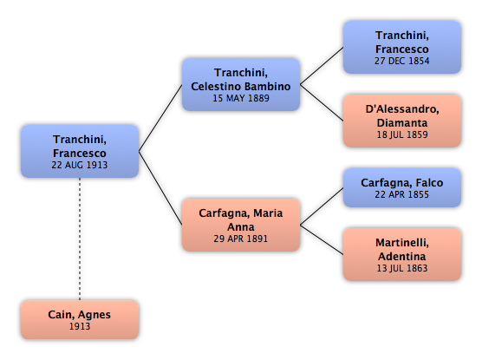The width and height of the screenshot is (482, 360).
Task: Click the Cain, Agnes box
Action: [80, 320]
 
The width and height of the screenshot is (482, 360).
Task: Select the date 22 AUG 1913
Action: [80, 165]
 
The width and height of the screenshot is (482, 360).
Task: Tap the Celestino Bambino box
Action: [241, 84]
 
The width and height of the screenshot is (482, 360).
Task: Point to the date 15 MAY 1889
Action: [241, 98]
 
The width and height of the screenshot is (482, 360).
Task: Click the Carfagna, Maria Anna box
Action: [241, 225]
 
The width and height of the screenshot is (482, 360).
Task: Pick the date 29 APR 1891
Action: [241, 239]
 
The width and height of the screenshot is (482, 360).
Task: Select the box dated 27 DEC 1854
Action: [402, 47]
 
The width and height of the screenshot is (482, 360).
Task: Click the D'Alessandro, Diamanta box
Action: [402, 121]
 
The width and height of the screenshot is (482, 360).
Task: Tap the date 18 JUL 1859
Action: [402, 134]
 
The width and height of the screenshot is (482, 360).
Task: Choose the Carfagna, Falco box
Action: [402, 187]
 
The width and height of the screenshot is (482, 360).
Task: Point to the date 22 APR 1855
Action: [401, 194]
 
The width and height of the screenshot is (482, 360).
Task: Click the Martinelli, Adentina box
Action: [402, 254]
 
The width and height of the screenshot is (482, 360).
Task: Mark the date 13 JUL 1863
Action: [402, 268]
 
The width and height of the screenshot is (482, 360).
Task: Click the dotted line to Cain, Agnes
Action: [80, 239]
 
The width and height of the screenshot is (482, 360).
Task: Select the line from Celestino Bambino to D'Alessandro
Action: [322, 102]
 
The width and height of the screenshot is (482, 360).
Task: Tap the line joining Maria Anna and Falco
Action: [322, 206]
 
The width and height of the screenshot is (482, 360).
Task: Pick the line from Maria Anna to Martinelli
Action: [322, 240]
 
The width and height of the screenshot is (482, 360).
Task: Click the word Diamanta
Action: [402, 123]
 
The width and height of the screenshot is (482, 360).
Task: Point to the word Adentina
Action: [402, 256]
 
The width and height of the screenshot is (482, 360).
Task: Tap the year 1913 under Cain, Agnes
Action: [80, 326]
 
